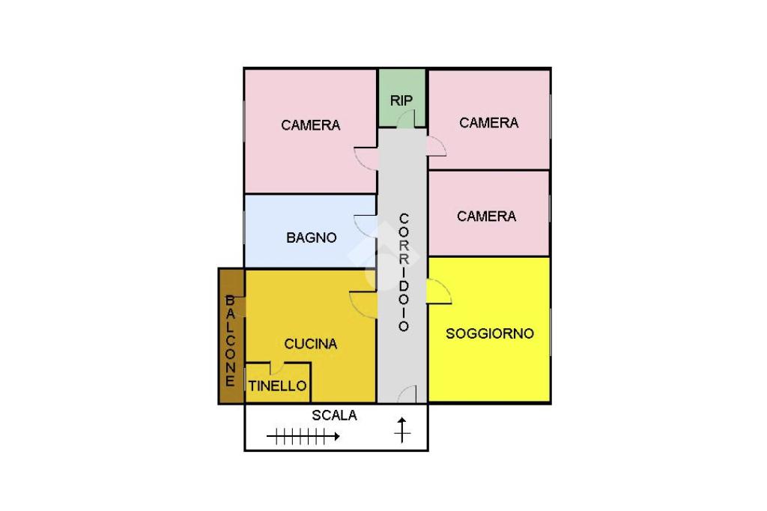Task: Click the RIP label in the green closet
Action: (x=401, y=100)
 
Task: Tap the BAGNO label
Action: (x=312, y=238)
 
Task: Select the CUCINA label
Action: (x=311, y=344)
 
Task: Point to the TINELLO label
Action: (x=278, y=387)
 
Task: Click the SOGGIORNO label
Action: (x=490, y=333)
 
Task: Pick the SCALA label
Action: (x=334, y=415)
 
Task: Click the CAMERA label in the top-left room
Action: (x=311, y=125)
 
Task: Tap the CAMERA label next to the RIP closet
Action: (x=489, y=123)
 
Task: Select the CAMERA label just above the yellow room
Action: (x=487, y=216)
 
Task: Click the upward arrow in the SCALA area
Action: (x=403, y=429)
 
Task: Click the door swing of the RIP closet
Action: (x=406, y=119)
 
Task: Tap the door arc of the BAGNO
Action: (x=366, y=226)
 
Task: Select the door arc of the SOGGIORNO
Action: (x=440, y=293)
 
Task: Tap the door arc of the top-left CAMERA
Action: (x=366, y=158)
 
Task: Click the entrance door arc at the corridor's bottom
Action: (x=407, y=394)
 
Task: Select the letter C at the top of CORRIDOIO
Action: (x=404, y=219)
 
